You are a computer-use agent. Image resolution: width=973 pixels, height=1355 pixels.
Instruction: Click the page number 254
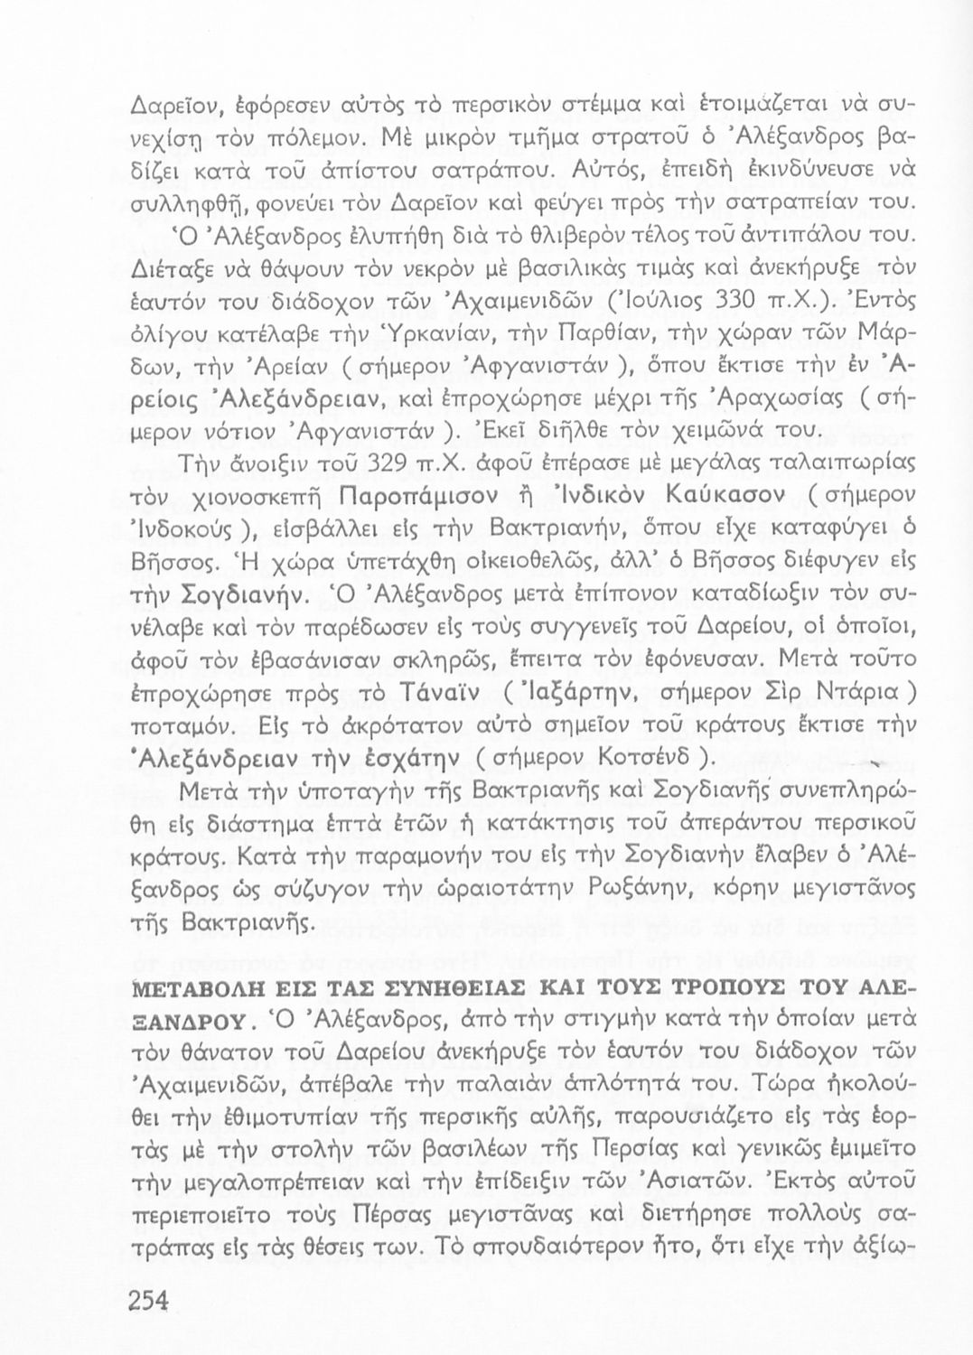pos(150,1300)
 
